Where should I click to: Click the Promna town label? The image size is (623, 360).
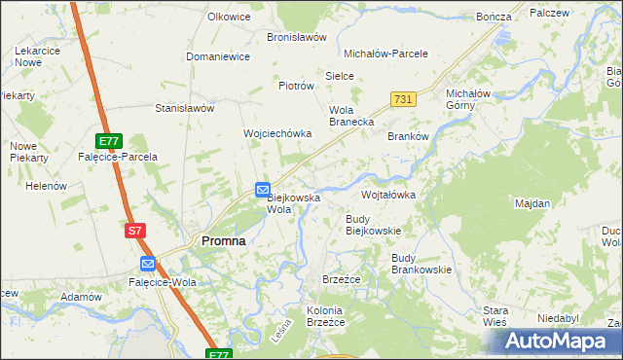click(223, 240)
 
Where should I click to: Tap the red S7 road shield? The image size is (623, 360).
click(135, 231)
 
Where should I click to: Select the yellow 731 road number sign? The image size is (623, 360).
click(404, 99)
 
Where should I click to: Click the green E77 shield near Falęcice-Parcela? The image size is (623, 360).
click(110, 141)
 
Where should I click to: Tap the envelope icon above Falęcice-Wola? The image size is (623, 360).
click(147, 264)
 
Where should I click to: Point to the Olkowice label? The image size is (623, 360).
click(230, 17)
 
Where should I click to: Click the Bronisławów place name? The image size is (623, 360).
click(296, 37)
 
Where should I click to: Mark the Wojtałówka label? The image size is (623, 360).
click(388, 195)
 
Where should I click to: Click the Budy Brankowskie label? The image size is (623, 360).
click(421, 264)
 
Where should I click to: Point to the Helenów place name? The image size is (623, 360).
click(46, 186)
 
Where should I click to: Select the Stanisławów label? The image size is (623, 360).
click(184, 109)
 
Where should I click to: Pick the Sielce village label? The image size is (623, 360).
click(339, 75)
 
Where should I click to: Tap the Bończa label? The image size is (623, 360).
click(494, 18)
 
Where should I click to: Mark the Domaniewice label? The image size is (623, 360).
click(218, 56)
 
